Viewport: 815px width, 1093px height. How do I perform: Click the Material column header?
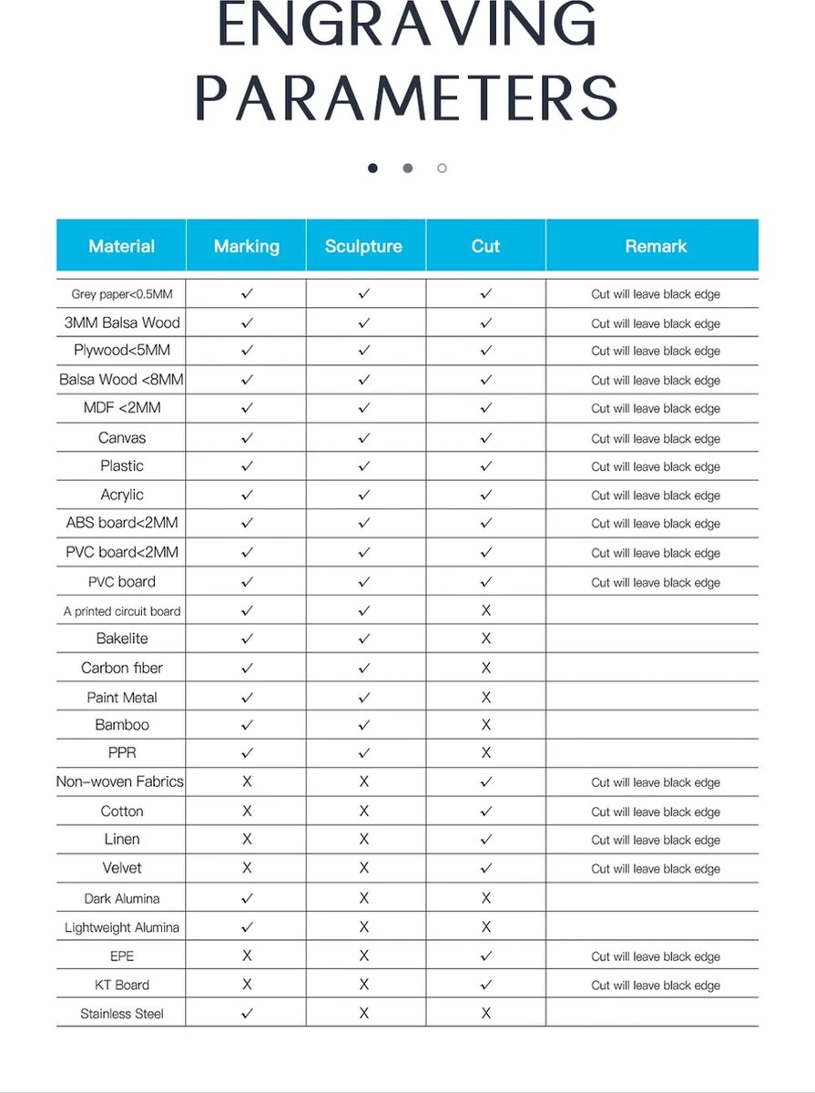(121, 246)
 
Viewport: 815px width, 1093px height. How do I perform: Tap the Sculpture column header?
(364, 246)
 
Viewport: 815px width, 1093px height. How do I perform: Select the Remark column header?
(656, 246)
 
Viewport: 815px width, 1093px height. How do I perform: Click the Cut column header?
(485, 246)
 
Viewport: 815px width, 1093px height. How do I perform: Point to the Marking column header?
(246, 246)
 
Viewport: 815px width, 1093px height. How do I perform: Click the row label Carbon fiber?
(122, 668)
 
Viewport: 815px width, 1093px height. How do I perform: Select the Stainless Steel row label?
(122, 1014)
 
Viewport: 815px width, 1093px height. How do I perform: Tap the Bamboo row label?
(122, 725)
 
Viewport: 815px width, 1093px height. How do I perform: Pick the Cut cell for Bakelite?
(485, 638)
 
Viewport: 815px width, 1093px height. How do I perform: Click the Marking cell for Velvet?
(247, 868)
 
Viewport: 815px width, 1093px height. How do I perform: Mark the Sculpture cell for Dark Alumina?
(364, 898)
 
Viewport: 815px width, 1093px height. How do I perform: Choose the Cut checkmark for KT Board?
(485, 985)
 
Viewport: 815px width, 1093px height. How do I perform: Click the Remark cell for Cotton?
(656, 812)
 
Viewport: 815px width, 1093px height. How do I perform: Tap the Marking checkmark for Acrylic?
(247, 495)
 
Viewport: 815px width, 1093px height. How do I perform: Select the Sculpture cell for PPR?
(364, 753)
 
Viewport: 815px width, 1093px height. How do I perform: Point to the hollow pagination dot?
(442, 169)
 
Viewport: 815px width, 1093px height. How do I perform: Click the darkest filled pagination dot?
(372, 169)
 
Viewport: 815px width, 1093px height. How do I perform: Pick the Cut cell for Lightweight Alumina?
(485, 927)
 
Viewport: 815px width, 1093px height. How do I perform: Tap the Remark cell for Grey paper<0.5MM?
(656, 295)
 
